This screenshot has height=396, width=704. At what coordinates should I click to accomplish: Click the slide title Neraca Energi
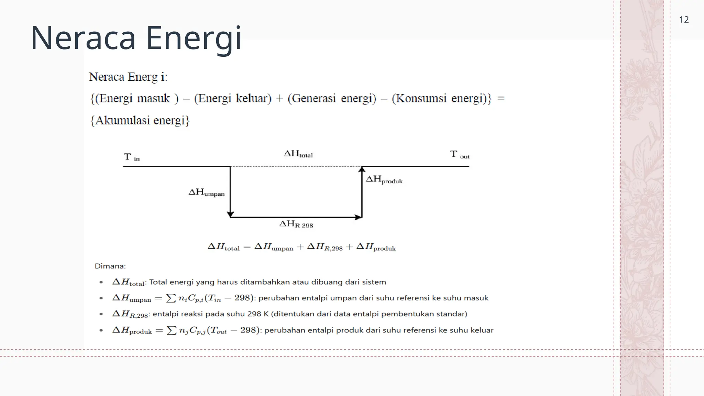[136, 38]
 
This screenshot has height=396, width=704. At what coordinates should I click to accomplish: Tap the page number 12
[684, 20]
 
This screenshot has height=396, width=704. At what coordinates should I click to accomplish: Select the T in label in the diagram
[131, 157]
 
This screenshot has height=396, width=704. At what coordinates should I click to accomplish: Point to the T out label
[459, 154]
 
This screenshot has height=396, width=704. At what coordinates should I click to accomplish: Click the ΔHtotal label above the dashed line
[298, 154]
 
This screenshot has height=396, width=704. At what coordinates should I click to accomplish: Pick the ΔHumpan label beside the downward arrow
[206, 192]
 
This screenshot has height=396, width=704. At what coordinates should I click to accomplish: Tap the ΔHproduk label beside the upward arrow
[384, 179]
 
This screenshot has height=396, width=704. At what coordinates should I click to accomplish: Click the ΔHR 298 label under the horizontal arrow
[296, 224]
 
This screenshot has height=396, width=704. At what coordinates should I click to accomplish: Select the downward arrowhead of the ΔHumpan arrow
[230, 214]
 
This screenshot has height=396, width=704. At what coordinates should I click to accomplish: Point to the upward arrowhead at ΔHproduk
[362, 169]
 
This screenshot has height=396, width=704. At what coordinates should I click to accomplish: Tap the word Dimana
[110, 266]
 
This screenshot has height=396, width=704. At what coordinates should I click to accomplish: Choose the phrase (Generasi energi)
[332, 99]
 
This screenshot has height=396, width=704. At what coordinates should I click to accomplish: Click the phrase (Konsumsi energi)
[440, 99]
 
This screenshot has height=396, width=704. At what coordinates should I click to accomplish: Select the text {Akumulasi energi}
[140, 121]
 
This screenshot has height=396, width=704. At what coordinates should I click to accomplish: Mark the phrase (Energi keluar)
[233, 99]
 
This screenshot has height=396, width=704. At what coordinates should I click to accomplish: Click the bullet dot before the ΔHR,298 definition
[101, 314]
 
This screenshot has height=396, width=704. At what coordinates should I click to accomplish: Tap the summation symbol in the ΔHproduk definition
[172, 330]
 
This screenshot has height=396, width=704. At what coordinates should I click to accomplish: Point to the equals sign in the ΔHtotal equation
[247, 247]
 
